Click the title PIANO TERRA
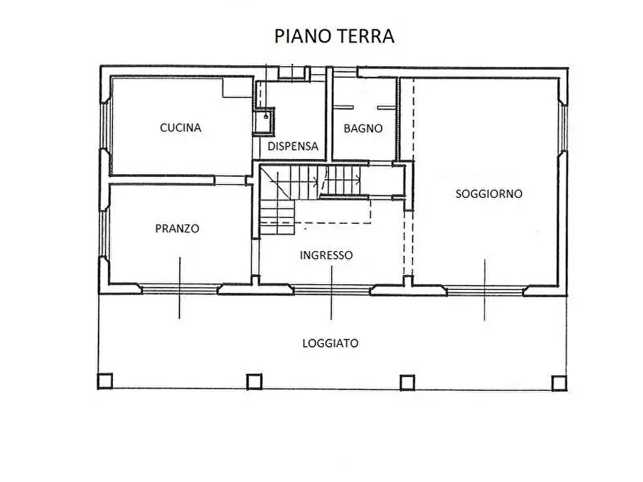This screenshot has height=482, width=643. tap(335, 36)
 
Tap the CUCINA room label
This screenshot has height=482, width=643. tap(180, 128)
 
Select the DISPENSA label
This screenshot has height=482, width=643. tap(292, 146)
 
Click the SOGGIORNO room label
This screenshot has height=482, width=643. tap(489, 194)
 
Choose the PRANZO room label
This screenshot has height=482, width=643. tap(177, 229)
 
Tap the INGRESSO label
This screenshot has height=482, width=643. tap(326, 255)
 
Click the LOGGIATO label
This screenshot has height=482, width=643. tap(330, 343)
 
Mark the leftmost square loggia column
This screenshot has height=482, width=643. tap(105, 381)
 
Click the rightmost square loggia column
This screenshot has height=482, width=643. tap(559, 382)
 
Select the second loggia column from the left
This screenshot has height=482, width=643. tap(254, 381)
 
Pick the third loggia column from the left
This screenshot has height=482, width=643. tap(408, 381)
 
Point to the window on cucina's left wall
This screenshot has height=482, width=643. tap(105, 127)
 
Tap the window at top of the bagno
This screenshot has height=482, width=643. tap(345, 71)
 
